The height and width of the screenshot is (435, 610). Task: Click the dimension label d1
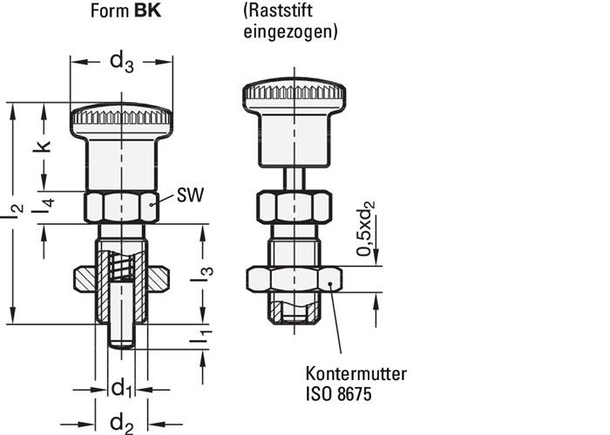click(122, 386)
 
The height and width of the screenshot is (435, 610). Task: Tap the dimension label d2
click(121, 424)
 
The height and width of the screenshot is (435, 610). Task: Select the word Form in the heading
click(112, 13)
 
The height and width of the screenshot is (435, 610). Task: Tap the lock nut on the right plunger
click(294, 279)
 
